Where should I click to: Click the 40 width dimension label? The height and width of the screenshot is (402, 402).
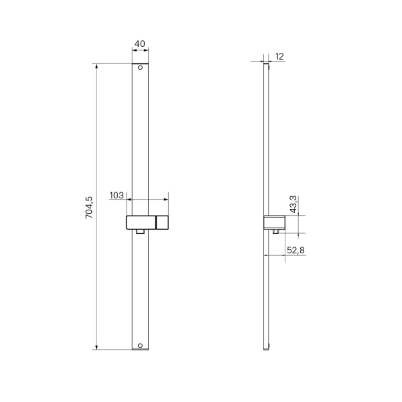pos(139,44)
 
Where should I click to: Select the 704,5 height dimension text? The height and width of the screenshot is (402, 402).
pos(88,207)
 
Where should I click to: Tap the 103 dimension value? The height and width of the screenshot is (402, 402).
pos(117,196)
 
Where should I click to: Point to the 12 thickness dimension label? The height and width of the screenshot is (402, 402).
pos(279,57)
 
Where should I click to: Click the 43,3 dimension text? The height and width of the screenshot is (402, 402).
pos(293,205)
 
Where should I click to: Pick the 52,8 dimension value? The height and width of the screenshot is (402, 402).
pos(296,250)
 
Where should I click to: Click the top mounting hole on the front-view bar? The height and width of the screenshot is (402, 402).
pos(140,68)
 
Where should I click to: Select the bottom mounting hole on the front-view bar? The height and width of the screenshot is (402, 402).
pos(140,346)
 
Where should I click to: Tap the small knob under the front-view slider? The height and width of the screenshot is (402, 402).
pos(140,232)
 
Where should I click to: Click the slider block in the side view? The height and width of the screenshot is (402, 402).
pos(275,223)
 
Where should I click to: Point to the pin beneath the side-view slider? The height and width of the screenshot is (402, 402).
pos(275,232)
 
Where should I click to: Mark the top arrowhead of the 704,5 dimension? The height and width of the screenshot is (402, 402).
pos(97,66)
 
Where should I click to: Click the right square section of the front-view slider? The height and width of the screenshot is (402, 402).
pos(162,222)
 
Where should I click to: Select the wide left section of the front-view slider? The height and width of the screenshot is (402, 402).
pos(141,222)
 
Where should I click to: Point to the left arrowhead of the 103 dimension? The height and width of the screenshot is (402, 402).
pos(129,199)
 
